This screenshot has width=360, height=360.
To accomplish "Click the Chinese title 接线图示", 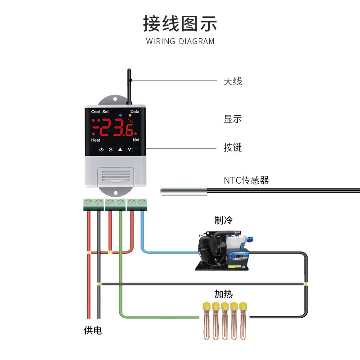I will [180, 23].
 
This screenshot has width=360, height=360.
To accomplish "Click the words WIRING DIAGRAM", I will [180, 41].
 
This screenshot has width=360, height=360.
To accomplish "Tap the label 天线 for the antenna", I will [233, 81].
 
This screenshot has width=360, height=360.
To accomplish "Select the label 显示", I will [233, 119].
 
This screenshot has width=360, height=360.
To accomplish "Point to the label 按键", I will [233, 148].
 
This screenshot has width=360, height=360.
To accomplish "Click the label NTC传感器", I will [246, 180].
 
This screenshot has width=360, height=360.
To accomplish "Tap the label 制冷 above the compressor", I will [224, 220].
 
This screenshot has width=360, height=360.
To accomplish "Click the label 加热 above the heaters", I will [224, 294].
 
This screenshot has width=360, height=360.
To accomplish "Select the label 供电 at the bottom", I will [93, 331].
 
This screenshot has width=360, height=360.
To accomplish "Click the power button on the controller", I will [101, 149].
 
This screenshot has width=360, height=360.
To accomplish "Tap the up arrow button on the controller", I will [120, 149].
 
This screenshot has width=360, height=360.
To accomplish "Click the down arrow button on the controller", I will [130, 149].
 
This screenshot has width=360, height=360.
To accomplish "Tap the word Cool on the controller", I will [95, 112].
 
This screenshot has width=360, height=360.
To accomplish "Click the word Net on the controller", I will [136, 140].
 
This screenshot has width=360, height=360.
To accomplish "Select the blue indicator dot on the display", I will [121, 116].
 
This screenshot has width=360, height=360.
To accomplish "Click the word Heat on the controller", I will [95, 140].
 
